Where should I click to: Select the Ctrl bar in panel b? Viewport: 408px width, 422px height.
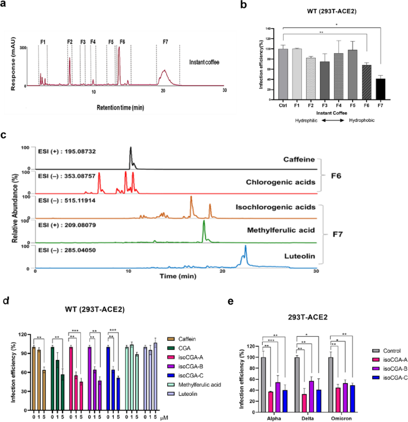coord(282,70)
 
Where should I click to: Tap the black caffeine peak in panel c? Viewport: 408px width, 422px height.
coord(131,158)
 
